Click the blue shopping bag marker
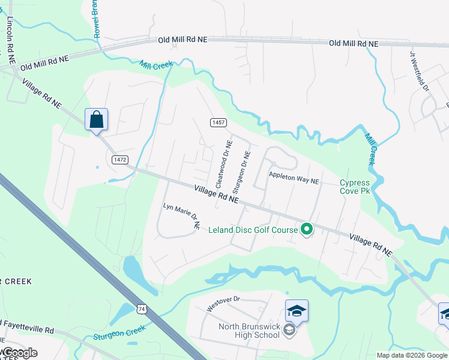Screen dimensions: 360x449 [96, 119]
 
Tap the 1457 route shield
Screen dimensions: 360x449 [218, 122]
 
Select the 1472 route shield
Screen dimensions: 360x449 [119, 158]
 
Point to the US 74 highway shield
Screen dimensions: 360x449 [142, 308]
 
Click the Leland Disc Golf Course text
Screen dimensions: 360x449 [253, 229]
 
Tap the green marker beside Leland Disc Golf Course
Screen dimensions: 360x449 [306, 229]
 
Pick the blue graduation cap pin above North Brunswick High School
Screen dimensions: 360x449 [297, 311]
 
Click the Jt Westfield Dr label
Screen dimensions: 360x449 [420, 71]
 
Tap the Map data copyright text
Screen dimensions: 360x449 [411, 355]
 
